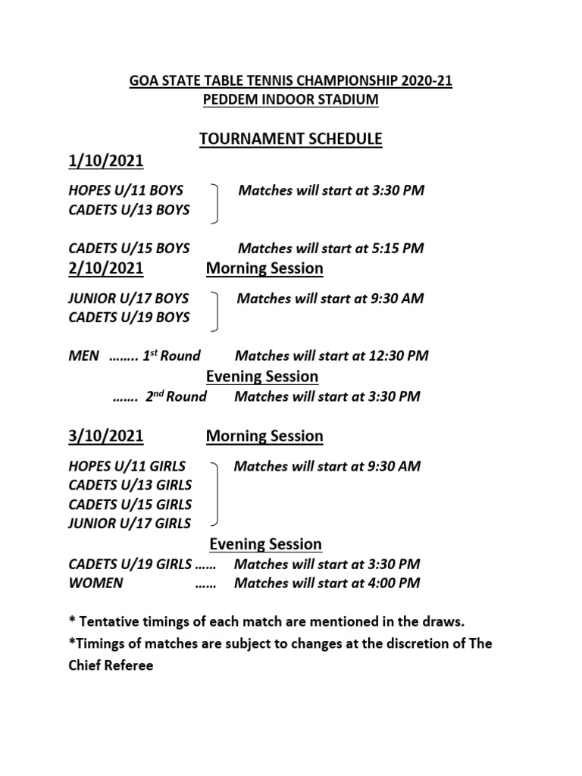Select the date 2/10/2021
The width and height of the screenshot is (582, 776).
click(x=105, y=268)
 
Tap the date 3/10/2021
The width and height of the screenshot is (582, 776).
click(x=105, y=436)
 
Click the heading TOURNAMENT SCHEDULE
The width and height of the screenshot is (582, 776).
click(x=290, y=139)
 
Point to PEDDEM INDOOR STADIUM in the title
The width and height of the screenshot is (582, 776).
click(x=290, y=99)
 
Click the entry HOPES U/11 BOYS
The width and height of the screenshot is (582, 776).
click(x=126, y=190)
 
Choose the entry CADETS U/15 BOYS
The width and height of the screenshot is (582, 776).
click(x=129, y=249)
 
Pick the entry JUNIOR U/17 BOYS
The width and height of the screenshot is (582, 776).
click(x=129, y=299)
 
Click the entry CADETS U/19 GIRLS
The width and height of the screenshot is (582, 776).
click(x=130, y=565)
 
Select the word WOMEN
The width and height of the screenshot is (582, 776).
click(x=95, y=584)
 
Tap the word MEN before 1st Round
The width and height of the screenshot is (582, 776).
click(x=83, y=356)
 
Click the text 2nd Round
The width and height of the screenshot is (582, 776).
click(x=176, y=396)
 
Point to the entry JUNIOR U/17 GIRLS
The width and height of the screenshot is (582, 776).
click(x=130, y=523)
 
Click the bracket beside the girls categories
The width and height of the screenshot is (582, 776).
click(x=217, y=494)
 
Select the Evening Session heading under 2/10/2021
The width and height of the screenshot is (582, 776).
click(x=263, y=377)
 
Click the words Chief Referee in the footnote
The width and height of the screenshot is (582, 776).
click(x=111, y=667)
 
